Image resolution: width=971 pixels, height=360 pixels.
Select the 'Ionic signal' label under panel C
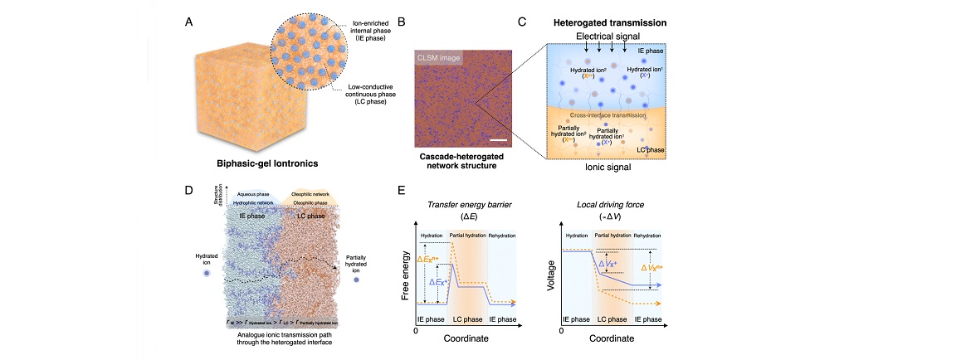(603, 166)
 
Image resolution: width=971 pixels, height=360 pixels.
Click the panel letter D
(189, 190)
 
